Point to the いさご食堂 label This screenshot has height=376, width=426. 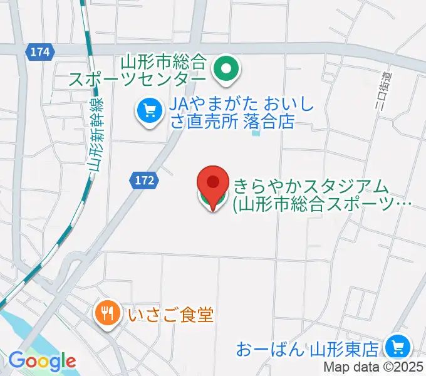(170, 313)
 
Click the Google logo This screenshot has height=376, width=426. (42, 360)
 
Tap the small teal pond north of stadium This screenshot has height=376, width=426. (255, 132)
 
